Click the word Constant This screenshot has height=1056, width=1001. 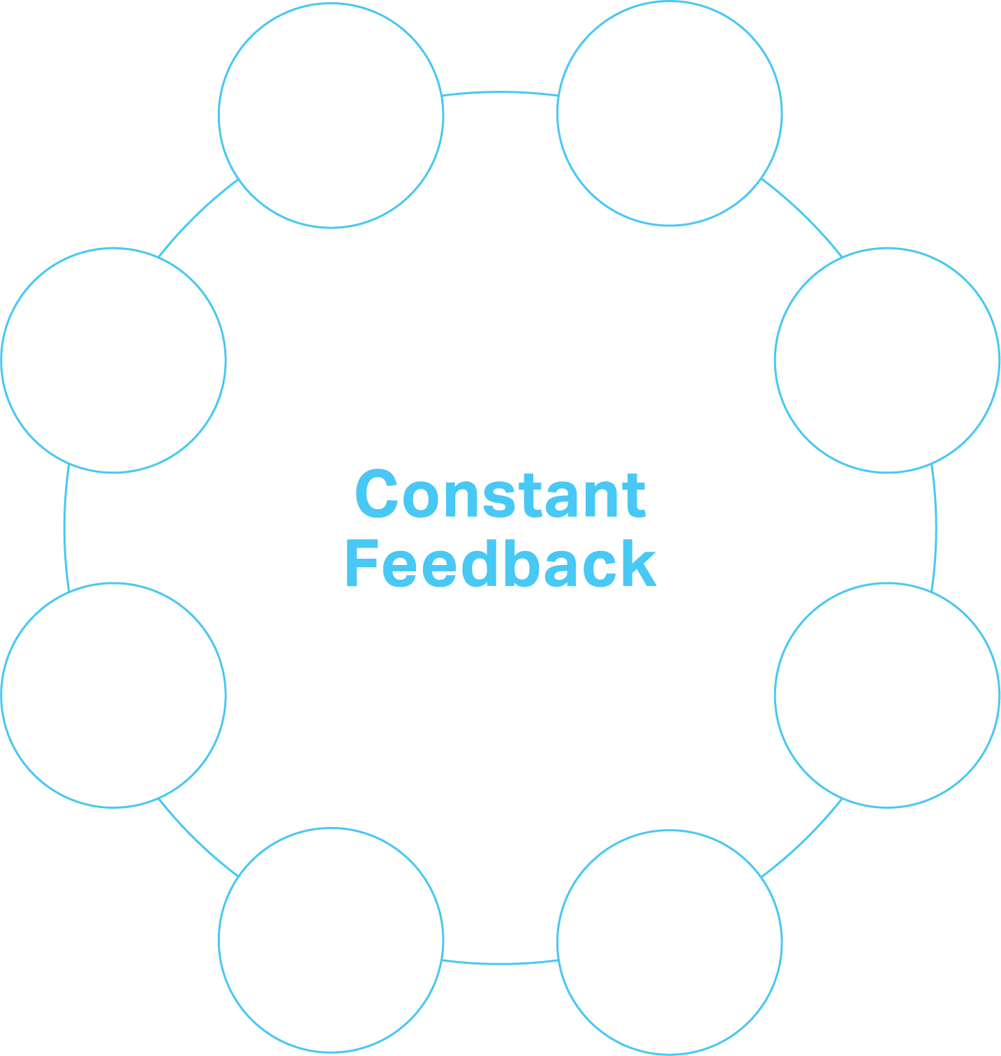pyautogui.click(x=500, y=494)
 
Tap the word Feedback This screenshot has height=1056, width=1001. pyautogui.click(x=500, y=564)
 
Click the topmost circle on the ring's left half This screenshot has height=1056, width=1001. pyautogui.click(x=331, y=115)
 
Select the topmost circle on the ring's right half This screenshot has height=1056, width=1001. pyautogui.click(x=669, y=114)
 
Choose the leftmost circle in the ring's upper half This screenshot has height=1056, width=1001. pyautogui.click(x=113, y=360)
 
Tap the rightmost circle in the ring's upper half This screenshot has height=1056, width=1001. pyautogui.click(x=887, y=360)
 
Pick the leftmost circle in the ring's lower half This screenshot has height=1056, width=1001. pyautogui.click(x=113, y=695)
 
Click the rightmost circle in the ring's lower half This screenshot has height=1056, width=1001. pyautogui.click(x=887, y=695)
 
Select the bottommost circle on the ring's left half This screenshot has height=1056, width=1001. pyautogui.click(x=331, y=940)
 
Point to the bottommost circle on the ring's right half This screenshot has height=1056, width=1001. pyautogui.click(x=669, y=942)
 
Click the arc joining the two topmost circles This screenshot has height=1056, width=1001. pyautogui.click(x=500, y=92)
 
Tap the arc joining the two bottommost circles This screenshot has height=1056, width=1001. pyautogui.click(x=500, y=964)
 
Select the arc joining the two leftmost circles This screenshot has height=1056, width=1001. pyautogui.click(x=65, y=528)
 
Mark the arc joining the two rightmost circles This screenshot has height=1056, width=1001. pyautogui.click(x=936, y=528)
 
